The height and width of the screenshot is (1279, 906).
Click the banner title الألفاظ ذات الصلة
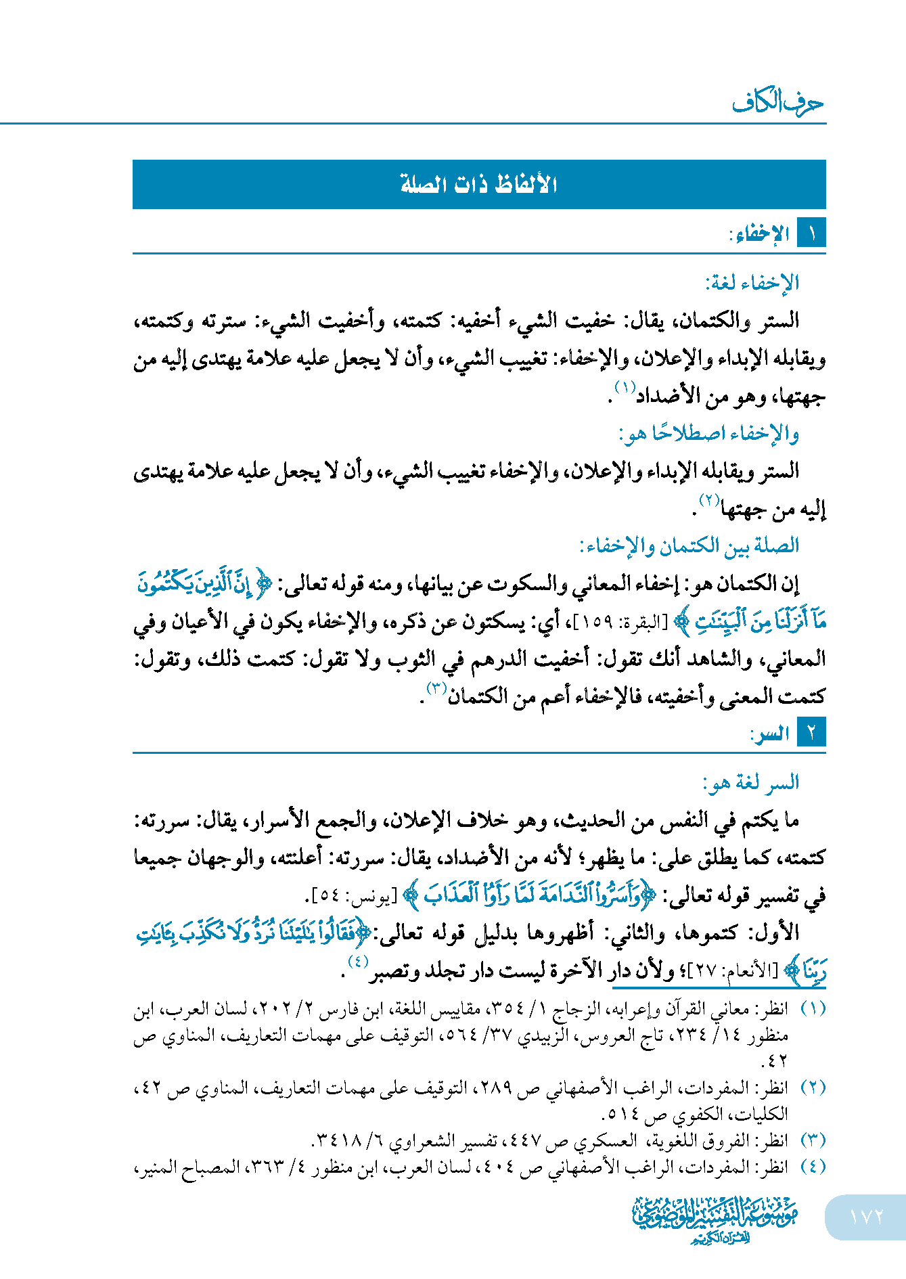(x=478, y=184)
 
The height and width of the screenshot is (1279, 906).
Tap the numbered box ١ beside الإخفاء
(x=811, y=234)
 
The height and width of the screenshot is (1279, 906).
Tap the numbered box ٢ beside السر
(x=811, y=733)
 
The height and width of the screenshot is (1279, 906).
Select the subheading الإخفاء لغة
(x=752, y=282)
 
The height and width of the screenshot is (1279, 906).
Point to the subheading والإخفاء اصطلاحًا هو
(x=709, y=433)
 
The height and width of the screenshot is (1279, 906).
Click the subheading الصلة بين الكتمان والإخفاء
(x=689, y=545)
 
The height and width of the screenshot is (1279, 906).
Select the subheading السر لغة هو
(x=751, y=783)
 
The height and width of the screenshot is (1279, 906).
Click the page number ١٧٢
(x=866, y=1217)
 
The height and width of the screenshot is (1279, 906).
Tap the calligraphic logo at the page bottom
(x=715, y=1218)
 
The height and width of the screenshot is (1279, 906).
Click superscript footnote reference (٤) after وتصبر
(x=357, y=962)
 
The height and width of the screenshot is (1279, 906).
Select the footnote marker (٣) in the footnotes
(x=813, y=1141)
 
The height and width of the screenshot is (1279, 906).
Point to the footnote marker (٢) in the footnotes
(x=813, y=1088)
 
